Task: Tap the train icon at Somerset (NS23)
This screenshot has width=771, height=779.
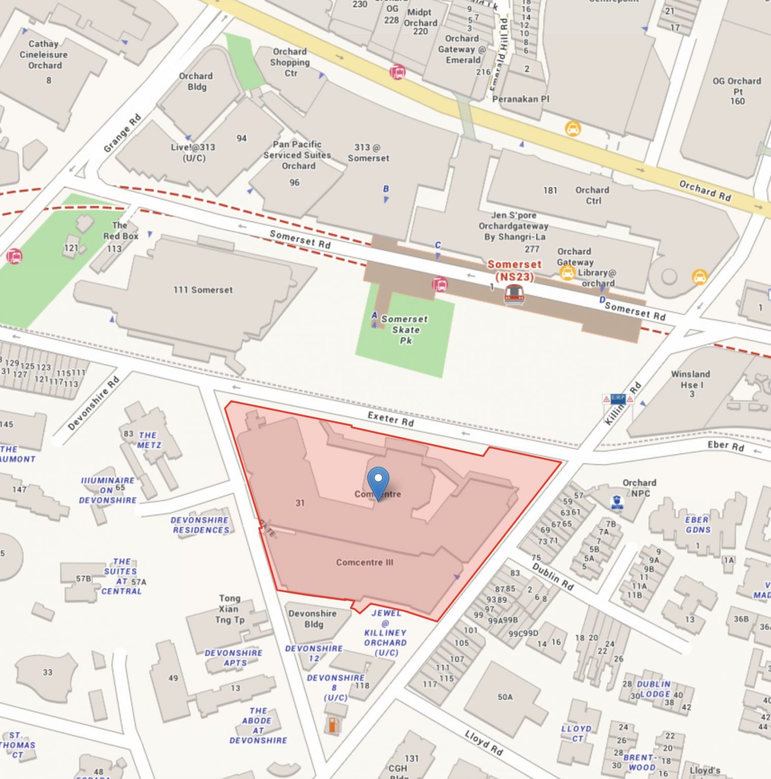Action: (x=514, y=294)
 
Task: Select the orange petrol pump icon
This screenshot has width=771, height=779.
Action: (x=333, y=725)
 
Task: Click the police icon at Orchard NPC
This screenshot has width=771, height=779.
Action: (x=617, y=503)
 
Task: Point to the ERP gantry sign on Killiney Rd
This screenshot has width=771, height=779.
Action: (x=617, y=399)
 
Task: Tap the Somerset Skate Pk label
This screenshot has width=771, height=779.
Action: (x=405, y=330)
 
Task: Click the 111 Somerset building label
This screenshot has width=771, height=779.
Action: (x=203, y=290)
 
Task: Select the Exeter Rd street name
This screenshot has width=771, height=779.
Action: (x=390, y=419)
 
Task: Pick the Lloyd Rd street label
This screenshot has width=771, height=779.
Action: (x=483, y=743)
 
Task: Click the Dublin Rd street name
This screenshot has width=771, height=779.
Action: (x=552, y=577)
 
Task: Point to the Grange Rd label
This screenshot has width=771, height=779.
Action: (x=122, y=133)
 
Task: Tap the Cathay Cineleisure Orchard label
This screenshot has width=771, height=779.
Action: (x=44, y=55)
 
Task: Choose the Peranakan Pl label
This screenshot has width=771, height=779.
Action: (x=520, y=99)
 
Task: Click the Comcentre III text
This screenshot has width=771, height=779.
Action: (x=364, y=562)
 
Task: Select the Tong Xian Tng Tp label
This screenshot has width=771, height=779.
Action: (x=229, y=609)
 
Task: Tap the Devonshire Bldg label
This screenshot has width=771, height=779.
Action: (x=312, y=619)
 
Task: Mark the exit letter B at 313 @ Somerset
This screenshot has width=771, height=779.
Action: (x=386, y=189)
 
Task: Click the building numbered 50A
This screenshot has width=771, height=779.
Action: (x=505, y=697)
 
